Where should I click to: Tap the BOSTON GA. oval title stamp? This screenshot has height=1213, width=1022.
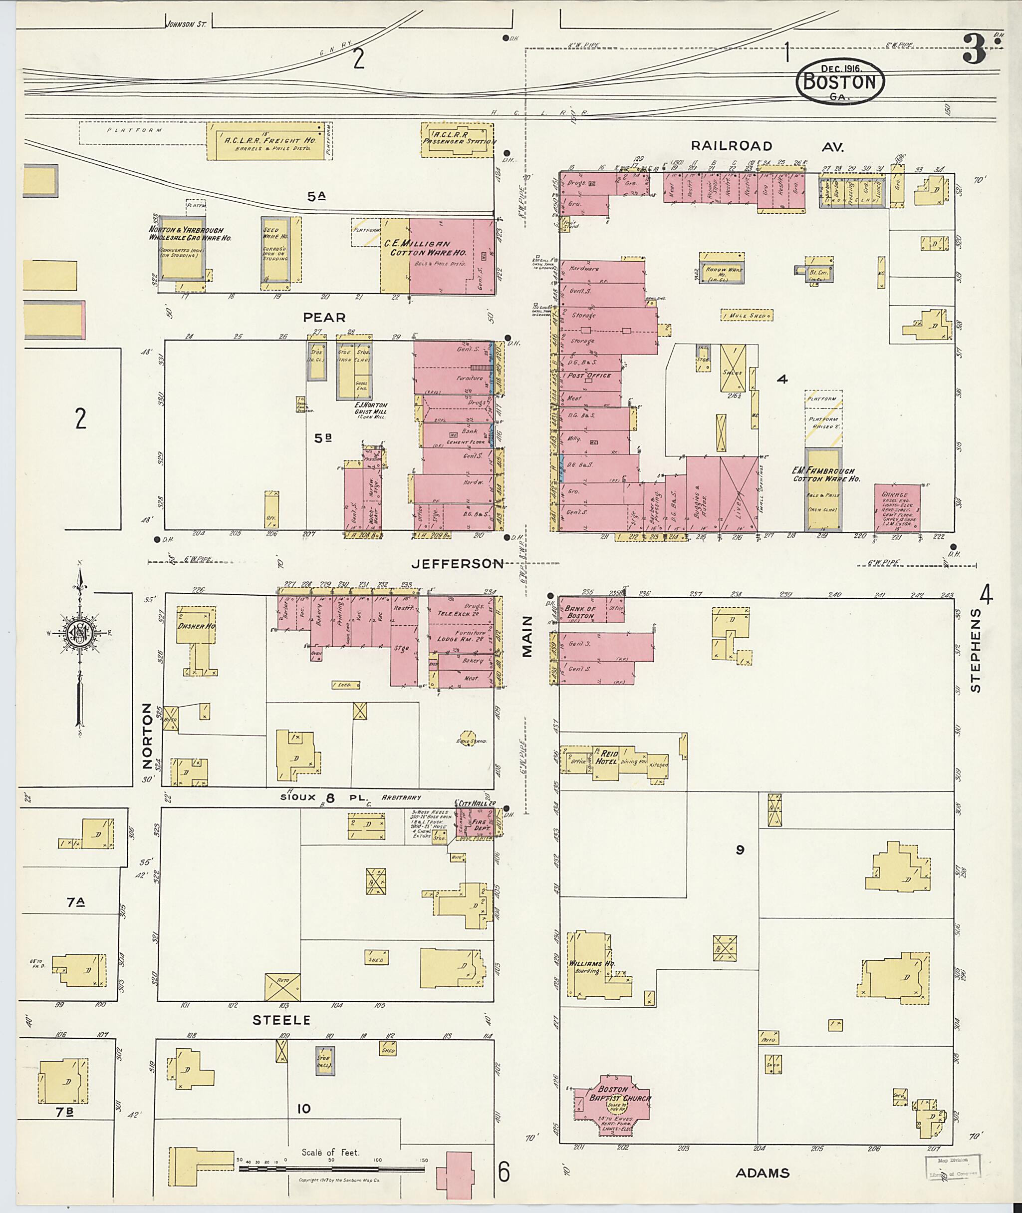pos(840,82)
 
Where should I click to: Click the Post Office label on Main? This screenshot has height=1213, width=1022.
pos(589,375)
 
